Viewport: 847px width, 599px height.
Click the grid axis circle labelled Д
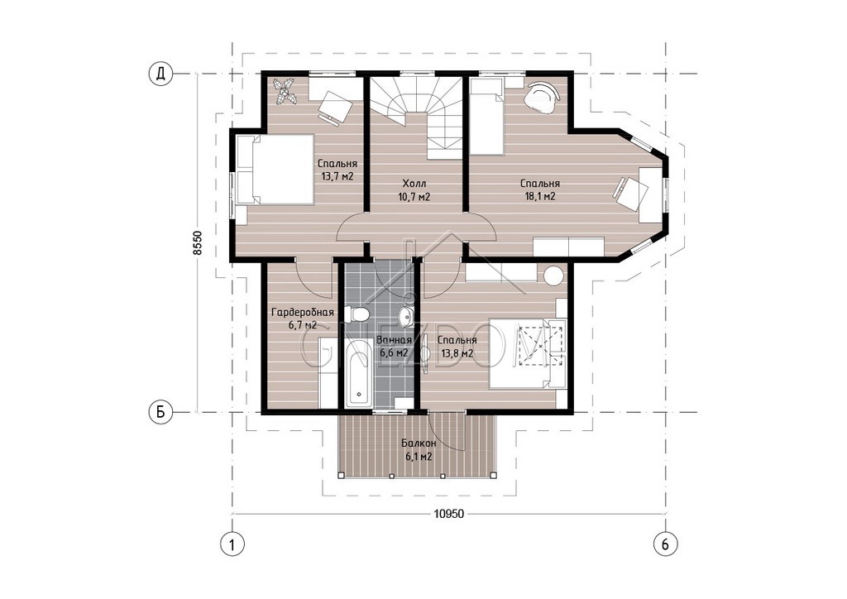click(160, 74)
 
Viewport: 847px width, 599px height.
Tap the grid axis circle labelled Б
click(160, 413)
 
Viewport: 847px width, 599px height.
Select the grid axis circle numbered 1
click(232, 544)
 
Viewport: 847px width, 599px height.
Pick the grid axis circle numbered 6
click(665, 544)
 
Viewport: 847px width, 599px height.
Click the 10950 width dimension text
click(449, 514)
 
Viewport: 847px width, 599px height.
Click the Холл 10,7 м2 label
click(414, 190)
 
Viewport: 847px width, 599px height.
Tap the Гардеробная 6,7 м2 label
click(303, 319)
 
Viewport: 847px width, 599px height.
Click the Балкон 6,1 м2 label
click(419, 449)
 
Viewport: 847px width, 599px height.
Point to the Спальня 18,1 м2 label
click(539, 190)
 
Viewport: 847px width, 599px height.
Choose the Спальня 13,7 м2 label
click(337, 170)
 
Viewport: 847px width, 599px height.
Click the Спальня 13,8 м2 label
click(457, 347)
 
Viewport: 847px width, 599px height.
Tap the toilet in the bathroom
click(357, 314)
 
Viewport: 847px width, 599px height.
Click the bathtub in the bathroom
click(358, 372)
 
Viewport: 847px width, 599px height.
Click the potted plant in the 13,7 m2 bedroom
click(285, 91)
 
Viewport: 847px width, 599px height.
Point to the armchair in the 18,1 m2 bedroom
click(542, 96)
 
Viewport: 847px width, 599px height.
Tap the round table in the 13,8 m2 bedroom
click(553, 276)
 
